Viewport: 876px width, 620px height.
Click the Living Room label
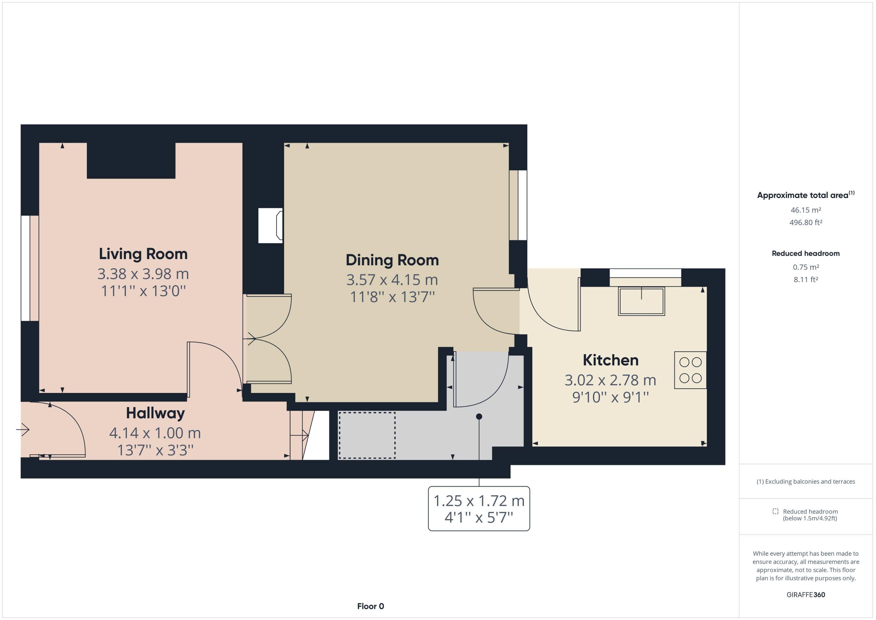[x=143, y=254]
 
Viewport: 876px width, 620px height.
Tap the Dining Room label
[x=392, y=260]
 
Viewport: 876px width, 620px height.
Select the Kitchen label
[x=610, y=360]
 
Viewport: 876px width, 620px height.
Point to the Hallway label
[x=155, y=413]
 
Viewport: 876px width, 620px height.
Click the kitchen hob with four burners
[x=690, y=370]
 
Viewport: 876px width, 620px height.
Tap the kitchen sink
[x=641, y=301]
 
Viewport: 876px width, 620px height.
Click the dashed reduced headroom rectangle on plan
[x=367, y=435]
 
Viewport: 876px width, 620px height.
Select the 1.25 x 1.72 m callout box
[x=479, y=509]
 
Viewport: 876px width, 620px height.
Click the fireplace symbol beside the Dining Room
[x=271, y=226]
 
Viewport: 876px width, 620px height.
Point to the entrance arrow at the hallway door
[x=23, y=430]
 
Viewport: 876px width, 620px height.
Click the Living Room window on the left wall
[x=26, y=268]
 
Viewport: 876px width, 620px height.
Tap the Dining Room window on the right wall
[x=522, y=205]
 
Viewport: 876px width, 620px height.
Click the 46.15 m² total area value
[x=805, y=210]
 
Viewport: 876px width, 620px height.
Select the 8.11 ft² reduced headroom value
[x=805, y=279]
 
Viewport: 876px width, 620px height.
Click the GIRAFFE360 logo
[x=805, y=594]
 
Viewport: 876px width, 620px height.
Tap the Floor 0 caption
[x=370, y=606]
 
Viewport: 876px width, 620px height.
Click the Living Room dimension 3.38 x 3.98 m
[x=143, y=274]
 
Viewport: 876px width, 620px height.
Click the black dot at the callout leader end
[x=479, y=417]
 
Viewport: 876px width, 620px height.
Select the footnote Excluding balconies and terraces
[x=805, y=481]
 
